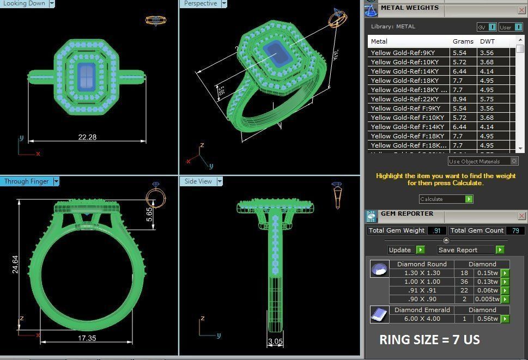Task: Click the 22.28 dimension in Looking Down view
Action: [87, 137]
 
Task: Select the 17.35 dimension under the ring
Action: [87, 338]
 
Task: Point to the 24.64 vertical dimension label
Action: [15, 260]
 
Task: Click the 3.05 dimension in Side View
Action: [275, 342]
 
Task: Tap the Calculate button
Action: [446, 199]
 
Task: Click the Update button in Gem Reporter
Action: [406, 250]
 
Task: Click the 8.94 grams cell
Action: [460, 99]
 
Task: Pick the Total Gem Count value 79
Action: [515, 230]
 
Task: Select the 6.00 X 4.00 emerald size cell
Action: [422, 319]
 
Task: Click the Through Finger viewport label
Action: [26, 181]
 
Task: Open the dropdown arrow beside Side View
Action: [220, 181]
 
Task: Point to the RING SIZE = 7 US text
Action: [429, 340]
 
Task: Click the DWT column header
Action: [488, 41]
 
